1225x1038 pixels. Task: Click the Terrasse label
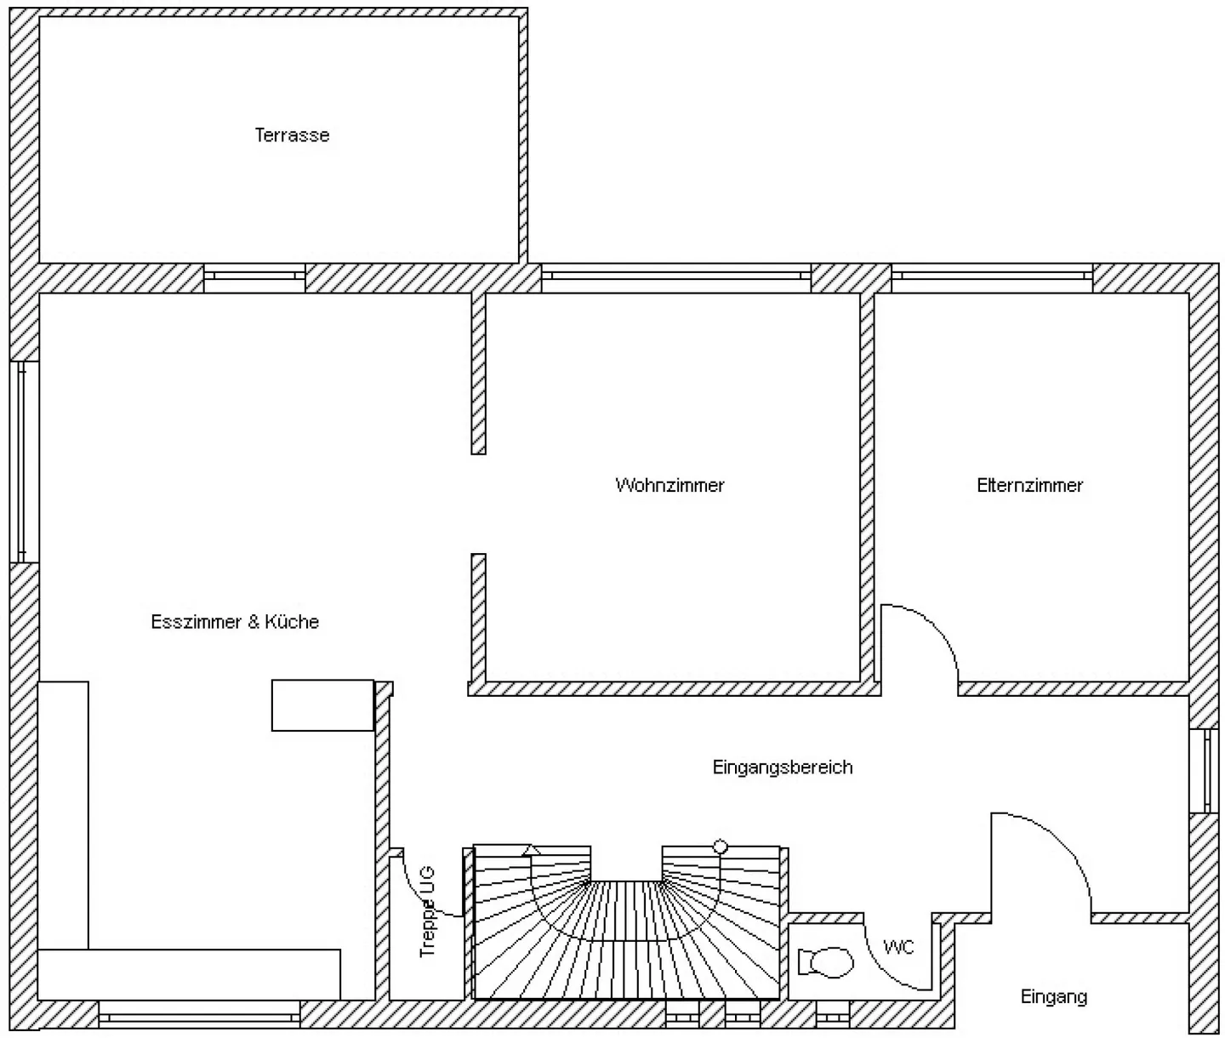point(292,135)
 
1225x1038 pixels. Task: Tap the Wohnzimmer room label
point(669,485)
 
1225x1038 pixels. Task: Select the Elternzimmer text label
point(1029,485)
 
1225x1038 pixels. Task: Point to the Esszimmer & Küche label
point(235,622)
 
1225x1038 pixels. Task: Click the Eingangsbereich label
point(782,767)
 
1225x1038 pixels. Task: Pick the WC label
point(898,947)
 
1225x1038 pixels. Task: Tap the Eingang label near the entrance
point(1053,996)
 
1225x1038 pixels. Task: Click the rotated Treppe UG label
point(427,911)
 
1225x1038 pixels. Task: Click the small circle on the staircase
point(721,846)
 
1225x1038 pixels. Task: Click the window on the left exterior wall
point(23,461)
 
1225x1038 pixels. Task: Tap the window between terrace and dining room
point(254,277)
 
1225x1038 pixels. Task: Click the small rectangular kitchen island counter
point(322,705)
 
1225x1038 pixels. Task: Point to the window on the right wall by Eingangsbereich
point(1205,771)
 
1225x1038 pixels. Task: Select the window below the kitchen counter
point(199,1014)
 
